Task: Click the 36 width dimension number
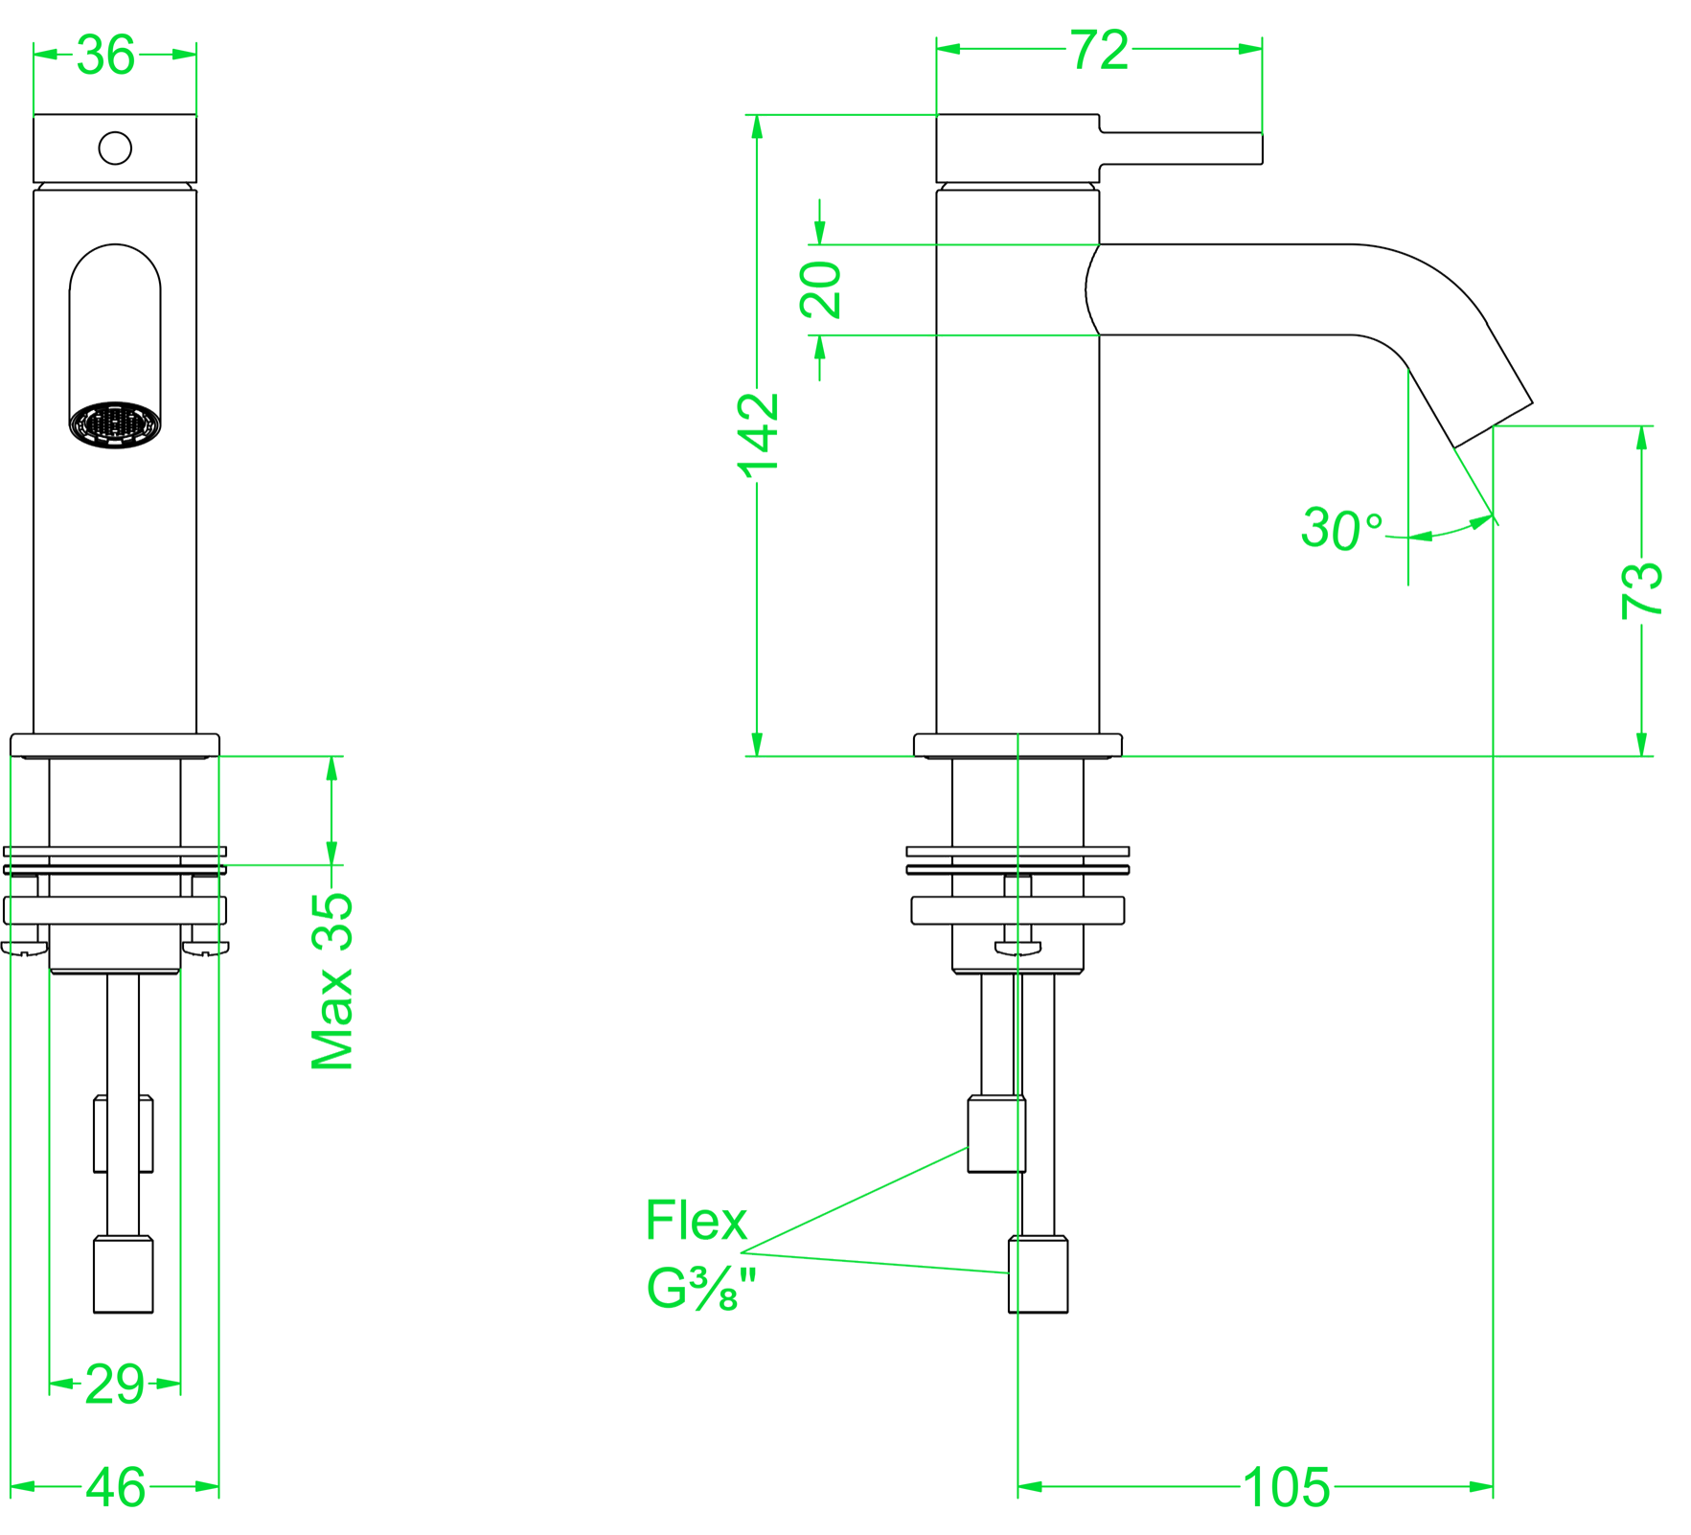[105, 55]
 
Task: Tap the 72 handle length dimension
[1099, 50]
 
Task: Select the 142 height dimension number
[758, 435]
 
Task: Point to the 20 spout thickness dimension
[820, 289]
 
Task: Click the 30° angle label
[1341, 529]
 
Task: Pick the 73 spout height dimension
[1641, 589]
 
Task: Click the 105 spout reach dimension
[1286, 1487]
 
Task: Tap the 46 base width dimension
[116, 1487]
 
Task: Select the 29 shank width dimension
[115, 1384]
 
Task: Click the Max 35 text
[332, 980]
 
